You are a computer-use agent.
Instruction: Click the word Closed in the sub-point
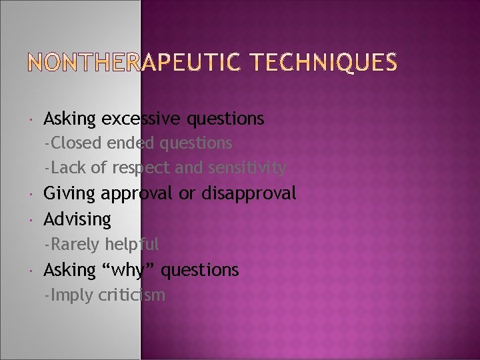[73, 143]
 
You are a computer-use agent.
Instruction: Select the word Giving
[69, 193]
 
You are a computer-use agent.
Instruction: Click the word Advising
[77, 219]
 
